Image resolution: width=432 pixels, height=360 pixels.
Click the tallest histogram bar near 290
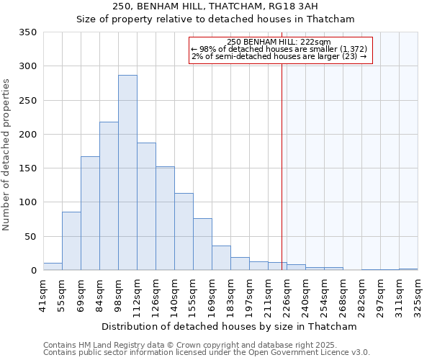pos(127,173)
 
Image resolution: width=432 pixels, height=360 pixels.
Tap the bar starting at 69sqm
pos(90,213)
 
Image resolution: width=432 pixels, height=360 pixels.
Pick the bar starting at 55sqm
pos(71,240)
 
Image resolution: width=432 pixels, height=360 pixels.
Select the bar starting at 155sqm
pos(202,244)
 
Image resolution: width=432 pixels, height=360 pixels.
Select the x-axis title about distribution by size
pos(229,326)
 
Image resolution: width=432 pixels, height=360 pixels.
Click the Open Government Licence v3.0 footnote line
pos(207,353)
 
